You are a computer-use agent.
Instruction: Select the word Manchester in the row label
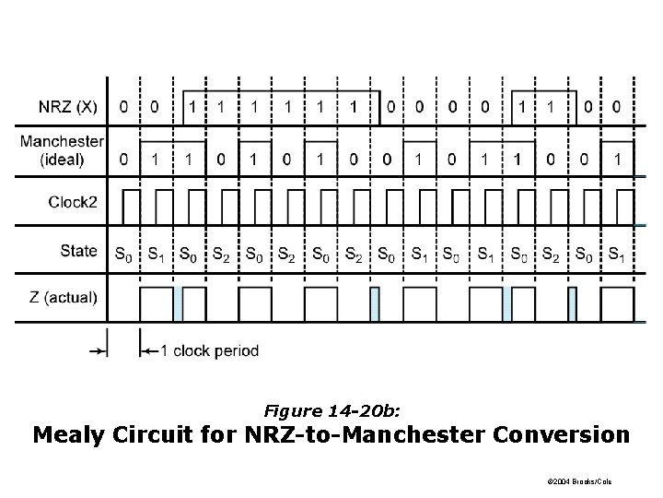coord(61,141)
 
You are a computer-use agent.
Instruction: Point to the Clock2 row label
coord(73,202)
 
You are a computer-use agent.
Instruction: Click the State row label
coord(80,251)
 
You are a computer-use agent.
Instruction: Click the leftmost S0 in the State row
coord(122,253)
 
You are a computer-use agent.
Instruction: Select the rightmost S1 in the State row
coord(617,253)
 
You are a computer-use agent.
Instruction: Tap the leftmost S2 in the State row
coord(220,253)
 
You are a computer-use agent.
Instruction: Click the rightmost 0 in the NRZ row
coord(616,107)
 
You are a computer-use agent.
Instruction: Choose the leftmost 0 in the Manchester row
coord(122,160)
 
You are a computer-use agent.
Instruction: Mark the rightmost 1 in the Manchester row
coord(616,160)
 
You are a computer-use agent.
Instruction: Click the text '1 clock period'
coord(210,350)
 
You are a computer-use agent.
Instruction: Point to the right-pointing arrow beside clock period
coord(97,350)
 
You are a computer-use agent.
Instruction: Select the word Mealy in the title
coord(75,433)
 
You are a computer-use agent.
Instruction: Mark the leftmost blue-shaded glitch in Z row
coord(179,302)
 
